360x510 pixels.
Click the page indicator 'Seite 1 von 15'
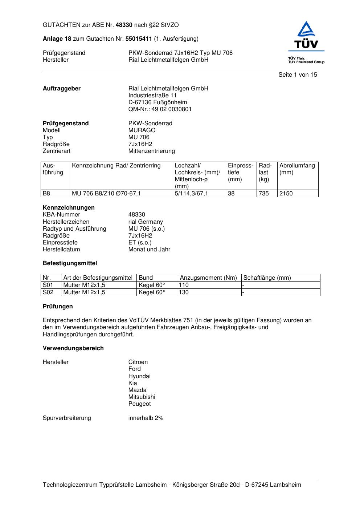pyautogui.click(x=298, y=75)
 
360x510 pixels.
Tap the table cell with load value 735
pyautogui.click(x=264, y=194)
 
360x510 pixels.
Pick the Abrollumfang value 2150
pyautogui.click(x=286, y=194)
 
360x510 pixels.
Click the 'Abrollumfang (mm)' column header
pyautogui.click(x=297, y=169)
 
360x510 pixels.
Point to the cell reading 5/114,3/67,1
pyautogui.click(x=191, y=194)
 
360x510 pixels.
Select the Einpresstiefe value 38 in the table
pyautogui.click(x=231, y=194)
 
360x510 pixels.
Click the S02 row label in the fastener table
pyautogui.click(x=48, y=292)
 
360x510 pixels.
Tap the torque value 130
pyautogui.click(x=184, y=292)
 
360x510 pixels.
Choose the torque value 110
pyautogui.click(x=184, y=285)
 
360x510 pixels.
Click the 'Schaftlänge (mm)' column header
pyautogui.click(x=267, y=278)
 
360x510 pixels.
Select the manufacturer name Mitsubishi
pyautogui.click(x=142, y=397)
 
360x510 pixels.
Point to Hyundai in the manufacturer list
pyautogui.click(x=139, y=376)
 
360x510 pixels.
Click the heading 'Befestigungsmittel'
pyautogui.click(x=70, y=263)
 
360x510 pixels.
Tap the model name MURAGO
pyautogui.click(x=142, y=130)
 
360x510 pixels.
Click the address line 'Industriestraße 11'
pyautogui.click(x=152, y=96)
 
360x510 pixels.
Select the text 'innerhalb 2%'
pyautogui.click(x=146, y=418)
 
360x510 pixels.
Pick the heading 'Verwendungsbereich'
pyautogui.click(x=73, y=348)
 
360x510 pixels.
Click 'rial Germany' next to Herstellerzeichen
pyautogui.click(x=146, y=222)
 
